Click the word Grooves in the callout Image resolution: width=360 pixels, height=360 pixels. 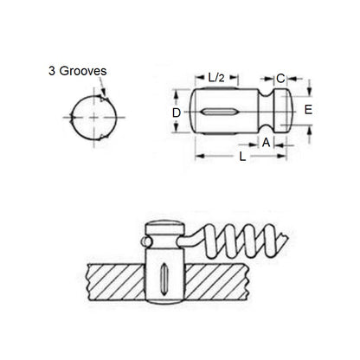83,71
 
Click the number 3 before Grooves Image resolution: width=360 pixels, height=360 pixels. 52,71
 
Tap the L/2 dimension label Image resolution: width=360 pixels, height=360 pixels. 216,77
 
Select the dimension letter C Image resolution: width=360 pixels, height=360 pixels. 280,78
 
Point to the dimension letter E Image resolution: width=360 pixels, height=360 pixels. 308,110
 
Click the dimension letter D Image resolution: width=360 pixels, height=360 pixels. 177,112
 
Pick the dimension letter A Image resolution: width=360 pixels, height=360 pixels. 266,143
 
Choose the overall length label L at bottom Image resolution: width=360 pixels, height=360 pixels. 242,157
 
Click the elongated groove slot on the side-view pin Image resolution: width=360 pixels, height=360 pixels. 218,112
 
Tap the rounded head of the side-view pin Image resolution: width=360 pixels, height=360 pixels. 283,111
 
